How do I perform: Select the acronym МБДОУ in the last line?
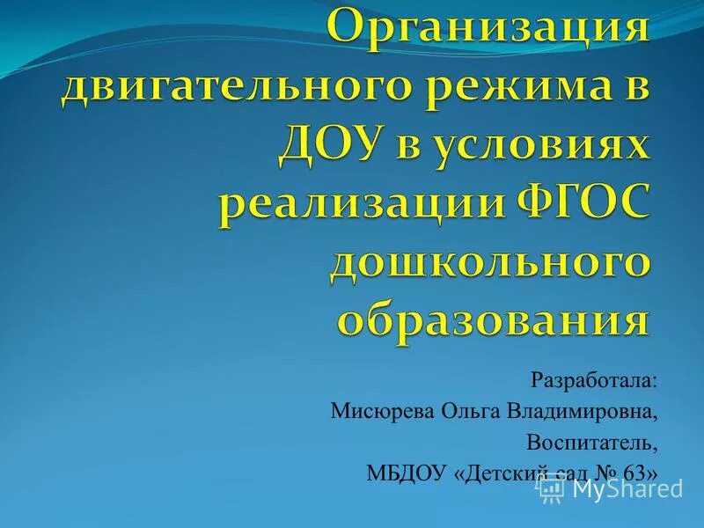point(407,472)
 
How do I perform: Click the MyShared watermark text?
point(627,488)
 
